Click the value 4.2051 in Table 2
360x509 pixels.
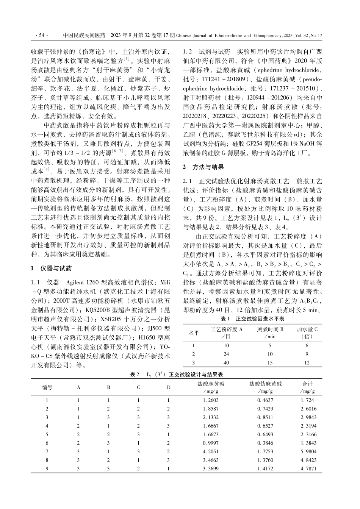click(211, 451)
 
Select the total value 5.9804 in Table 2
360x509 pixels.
click(308, 451)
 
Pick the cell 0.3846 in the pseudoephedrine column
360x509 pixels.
click(265, 443)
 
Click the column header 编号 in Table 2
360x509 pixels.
click(47, 387)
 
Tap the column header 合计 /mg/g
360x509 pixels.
click(307, 387)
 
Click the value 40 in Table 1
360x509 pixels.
click(226, 362)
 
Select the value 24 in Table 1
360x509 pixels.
click(226, 354)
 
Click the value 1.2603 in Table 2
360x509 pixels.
click(211, 400)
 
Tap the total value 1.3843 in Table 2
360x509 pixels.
click(308, 443)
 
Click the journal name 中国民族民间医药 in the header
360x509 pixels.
click(84, 36)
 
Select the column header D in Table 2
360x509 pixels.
click(169, 387)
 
